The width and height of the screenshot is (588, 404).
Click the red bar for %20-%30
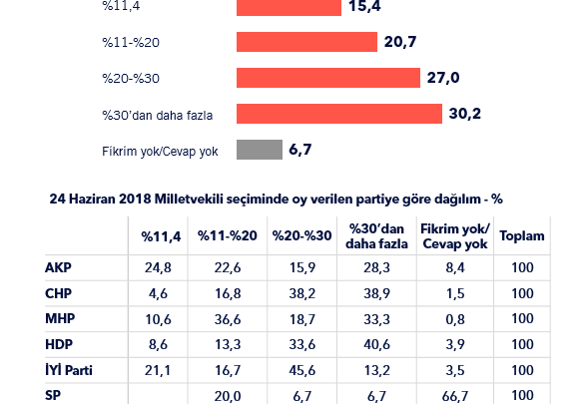tap(328, 78)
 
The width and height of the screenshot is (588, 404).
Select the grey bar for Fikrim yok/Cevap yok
tap(260, 150)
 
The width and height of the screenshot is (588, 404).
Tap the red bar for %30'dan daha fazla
tap(339, 114)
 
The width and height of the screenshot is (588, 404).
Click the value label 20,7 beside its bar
tap(400, 42)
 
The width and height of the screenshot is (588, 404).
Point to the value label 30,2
tap(464, 114)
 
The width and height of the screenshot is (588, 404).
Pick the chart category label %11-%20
tap(131, 42)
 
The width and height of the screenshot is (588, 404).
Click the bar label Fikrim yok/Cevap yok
tap(160, 152)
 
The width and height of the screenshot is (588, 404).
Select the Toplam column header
tap(522, 236)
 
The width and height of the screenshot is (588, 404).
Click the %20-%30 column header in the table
tap(301, 236)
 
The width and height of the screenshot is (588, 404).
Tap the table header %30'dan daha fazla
tap(376, 236)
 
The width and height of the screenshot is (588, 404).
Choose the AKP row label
tap(58, 267)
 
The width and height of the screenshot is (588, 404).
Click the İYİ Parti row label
tap(69, 370)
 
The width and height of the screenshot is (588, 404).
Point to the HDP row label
tap(59, 344)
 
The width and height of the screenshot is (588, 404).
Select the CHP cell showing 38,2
tap(301, 293)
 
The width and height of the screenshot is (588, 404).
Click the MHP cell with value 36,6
tap(228, 319)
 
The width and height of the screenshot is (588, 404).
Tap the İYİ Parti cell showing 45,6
tap(301, 371)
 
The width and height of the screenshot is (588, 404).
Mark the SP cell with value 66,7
tap(455, 396)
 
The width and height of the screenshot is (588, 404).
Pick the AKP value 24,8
tap(158, 268)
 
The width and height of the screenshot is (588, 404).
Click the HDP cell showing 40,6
tap(376, 345)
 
